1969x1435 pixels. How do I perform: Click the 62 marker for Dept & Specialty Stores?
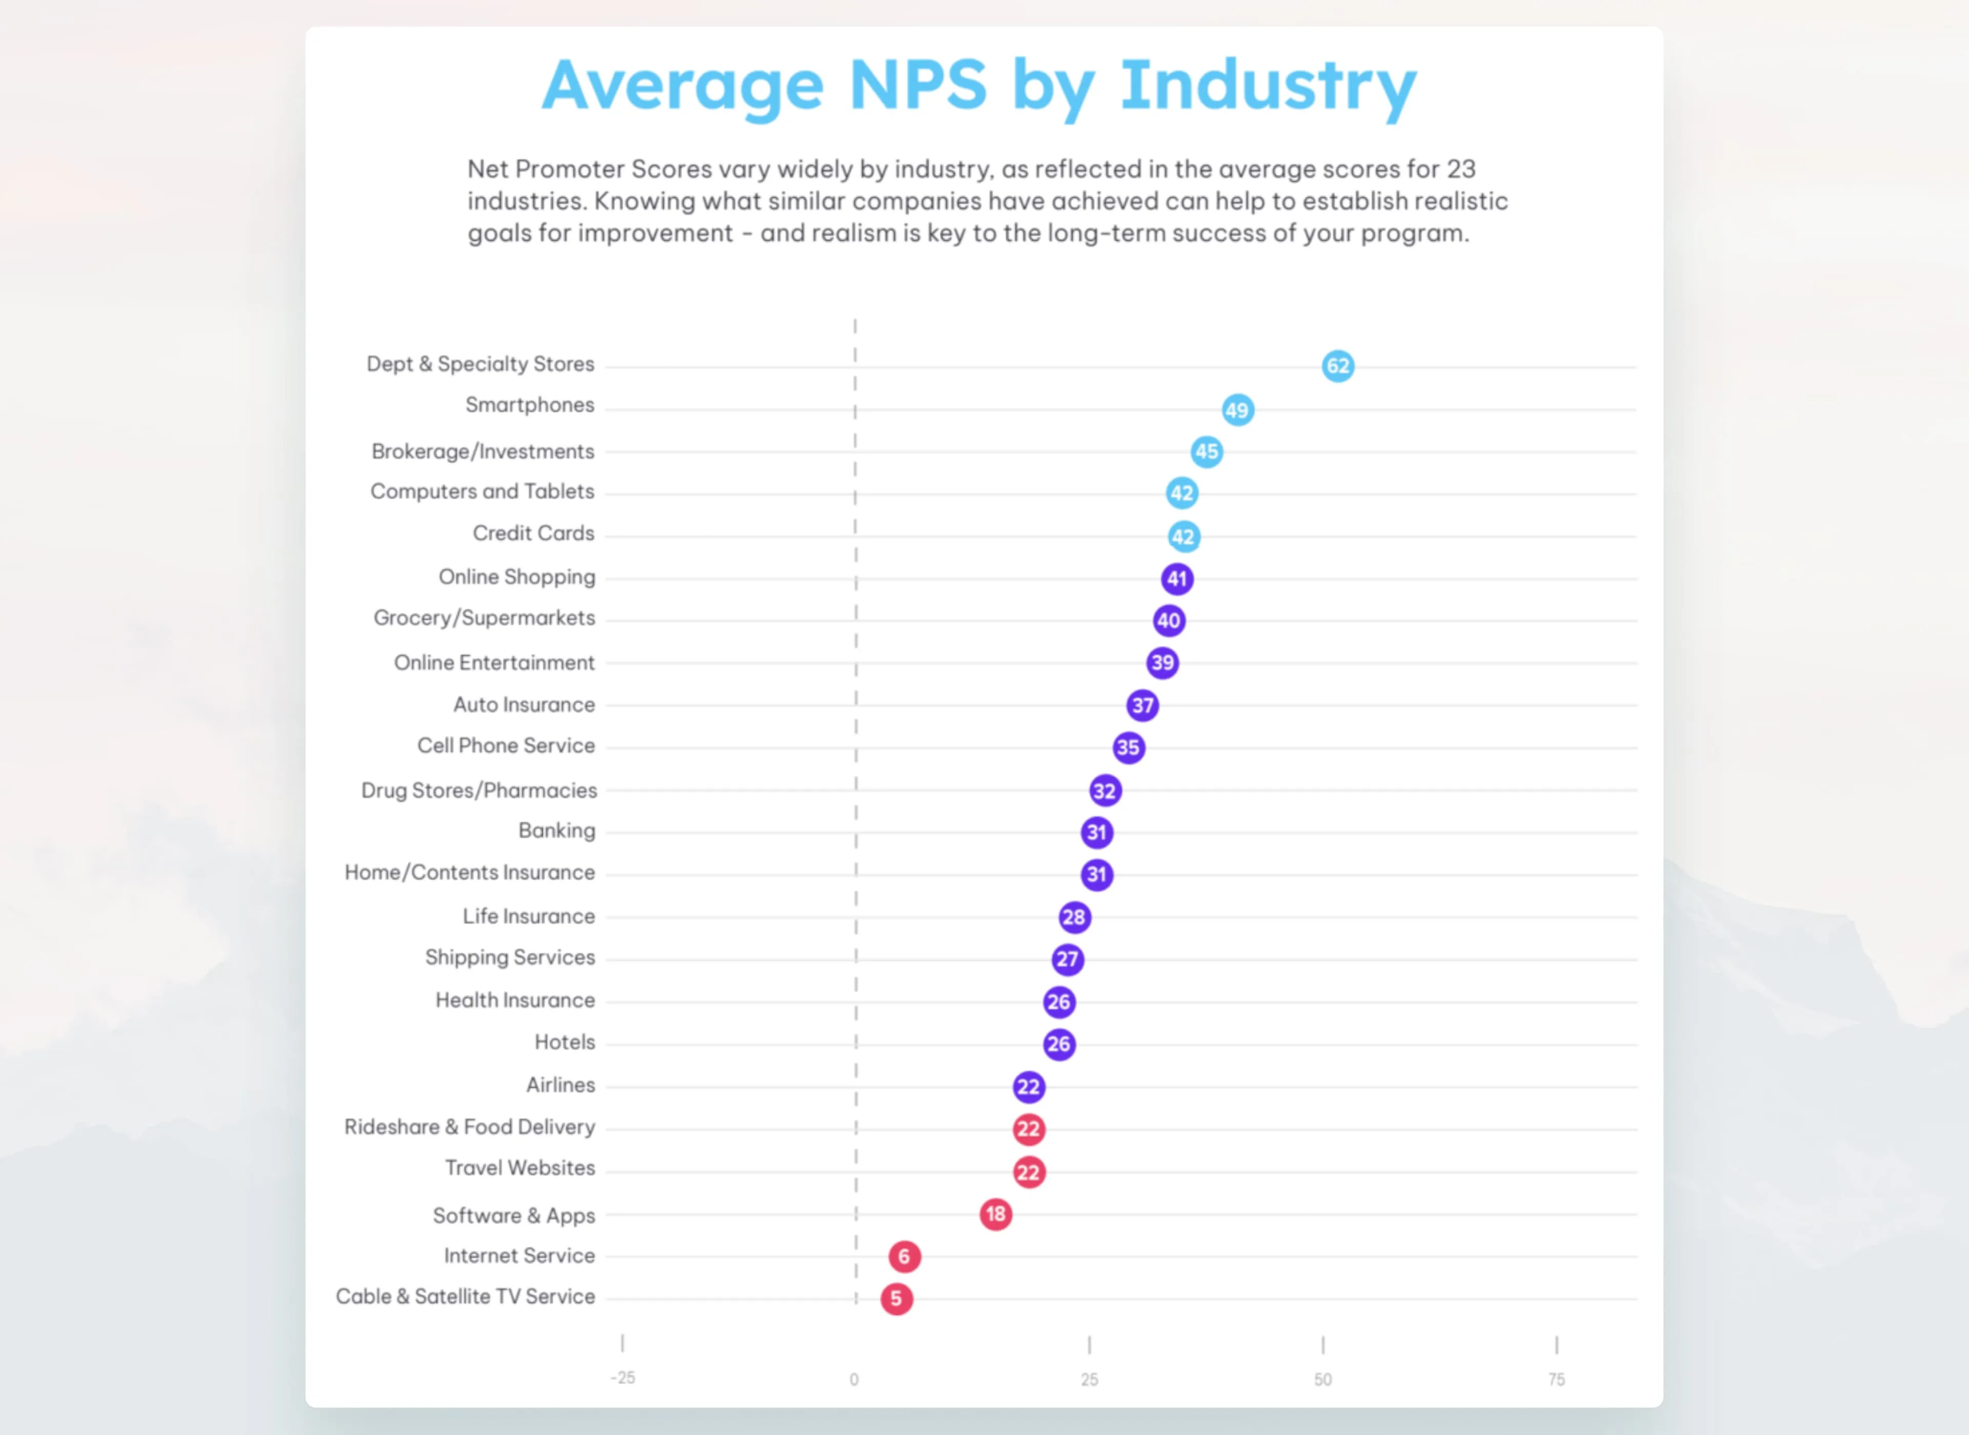point(1338,366)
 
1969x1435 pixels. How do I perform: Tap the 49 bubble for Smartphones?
point(1237,410)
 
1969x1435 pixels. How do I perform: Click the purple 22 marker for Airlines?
point(1029,1086)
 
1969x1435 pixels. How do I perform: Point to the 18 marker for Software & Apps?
point(996,1214)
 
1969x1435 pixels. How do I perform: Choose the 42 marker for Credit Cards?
point(1183,537)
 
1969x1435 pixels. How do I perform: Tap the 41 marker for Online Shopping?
point(1177,579)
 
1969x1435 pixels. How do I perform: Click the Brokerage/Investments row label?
point(483,452)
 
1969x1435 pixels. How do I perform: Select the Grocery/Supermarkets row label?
point(484,618)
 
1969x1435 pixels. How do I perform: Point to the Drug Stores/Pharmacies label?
point(479,790)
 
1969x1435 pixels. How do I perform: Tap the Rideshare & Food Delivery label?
point(469,1126)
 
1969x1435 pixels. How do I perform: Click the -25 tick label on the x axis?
point(622,1378)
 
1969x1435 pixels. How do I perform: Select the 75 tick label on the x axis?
point(1556,1380)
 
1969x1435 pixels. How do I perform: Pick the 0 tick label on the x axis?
point(854,1380)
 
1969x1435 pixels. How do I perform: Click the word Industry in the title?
point(1269,87)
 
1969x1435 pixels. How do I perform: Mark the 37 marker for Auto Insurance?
point(1142,705)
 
